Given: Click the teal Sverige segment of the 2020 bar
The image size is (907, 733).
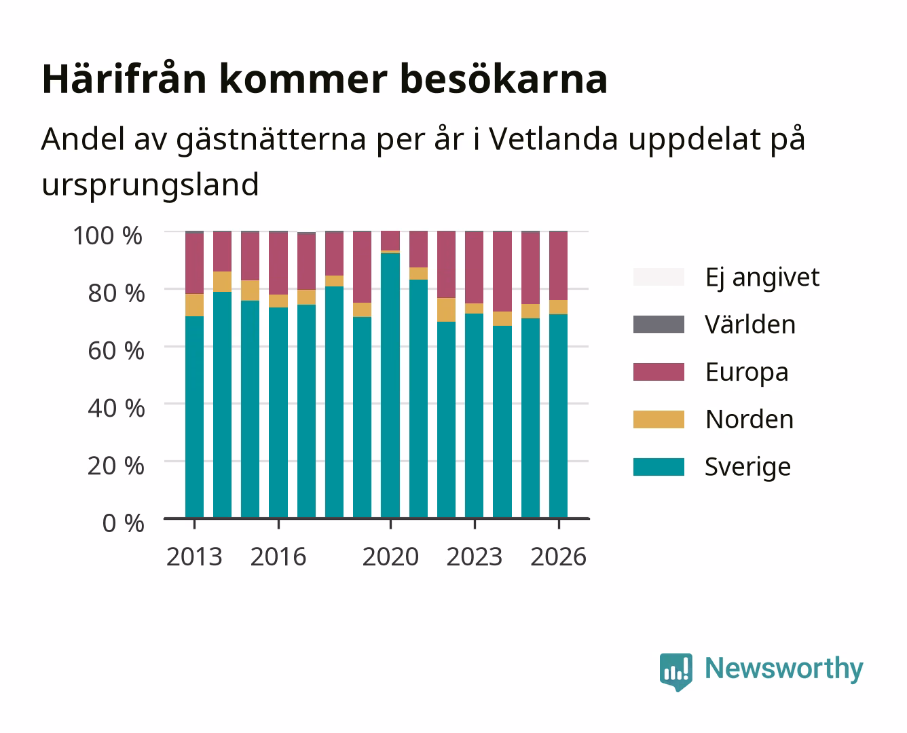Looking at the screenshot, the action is tap(390, 386).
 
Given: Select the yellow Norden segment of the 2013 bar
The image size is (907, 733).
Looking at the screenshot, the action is tap(194, 305).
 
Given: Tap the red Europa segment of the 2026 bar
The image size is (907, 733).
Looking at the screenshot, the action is tap(558, 266).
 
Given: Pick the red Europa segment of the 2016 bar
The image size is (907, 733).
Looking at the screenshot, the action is tap(278, 264).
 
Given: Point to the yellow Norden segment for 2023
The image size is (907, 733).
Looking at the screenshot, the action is tap(474, 309).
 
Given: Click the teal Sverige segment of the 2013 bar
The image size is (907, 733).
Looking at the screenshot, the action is tap(194, 417).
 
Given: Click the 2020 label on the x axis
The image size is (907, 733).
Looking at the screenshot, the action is tap(390, 557).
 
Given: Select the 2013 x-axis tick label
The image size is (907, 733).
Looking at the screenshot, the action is tap(194, 557).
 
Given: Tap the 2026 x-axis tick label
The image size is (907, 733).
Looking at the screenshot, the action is tap(558, 557).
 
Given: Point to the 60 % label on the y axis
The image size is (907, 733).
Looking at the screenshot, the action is tap(116, 351).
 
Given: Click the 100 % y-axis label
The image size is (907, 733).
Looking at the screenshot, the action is tap(108, 236).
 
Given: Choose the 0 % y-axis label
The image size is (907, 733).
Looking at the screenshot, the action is tap(123, 523).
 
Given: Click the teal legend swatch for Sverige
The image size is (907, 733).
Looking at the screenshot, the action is tap(659, 466).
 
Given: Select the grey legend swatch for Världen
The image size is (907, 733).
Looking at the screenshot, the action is tap(659, 324).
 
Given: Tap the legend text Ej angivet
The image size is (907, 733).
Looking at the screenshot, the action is tap(762, 278).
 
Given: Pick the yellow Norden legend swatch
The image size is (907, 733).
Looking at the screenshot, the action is tap(659, 419).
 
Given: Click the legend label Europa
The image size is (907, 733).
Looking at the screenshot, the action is tap(747, 373).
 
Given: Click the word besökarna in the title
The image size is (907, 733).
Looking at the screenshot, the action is tap(504, 79).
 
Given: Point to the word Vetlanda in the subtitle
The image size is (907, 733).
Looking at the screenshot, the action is tap(553, 139).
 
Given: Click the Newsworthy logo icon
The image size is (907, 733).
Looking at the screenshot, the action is tap(675, 672).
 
